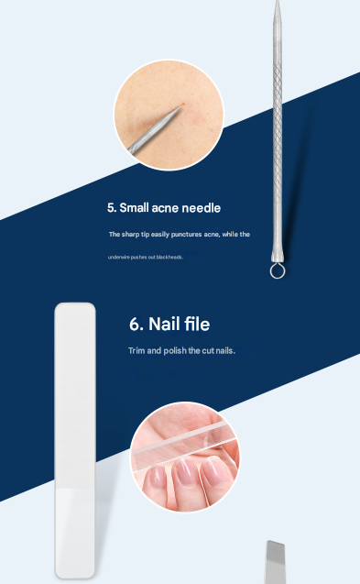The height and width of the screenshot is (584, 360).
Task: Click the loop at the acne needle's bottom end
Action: click(276, 272)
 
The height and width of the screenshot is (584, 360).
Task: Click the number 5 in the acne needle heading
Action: click(111, 208)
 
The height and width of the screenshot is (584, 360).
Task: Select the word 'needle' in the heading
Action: click(202, 208)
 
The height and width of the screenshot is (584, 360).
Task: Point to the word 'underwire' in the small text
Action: click(119, 258)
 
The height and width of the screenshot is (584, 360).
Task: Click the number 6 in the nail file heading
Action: click(136, 325)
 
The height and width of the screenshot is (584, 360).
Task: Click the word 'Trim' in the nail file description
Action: click(136, 351)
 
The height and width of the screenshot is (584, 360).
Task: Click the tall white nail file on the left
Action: click(75, 440)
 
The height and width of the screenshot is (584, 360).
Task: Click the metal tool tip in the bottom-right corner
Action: click(276, 560)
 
